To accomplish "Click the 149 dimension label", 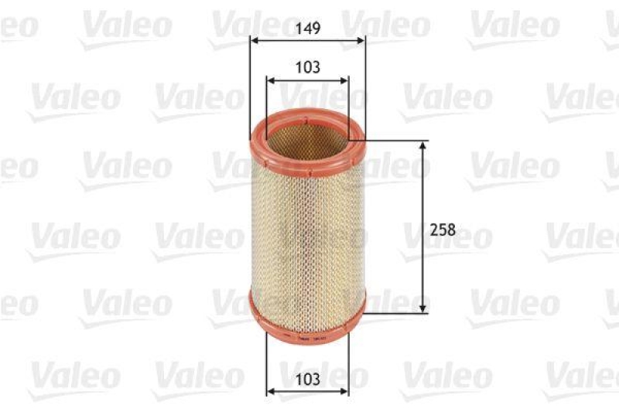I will pyautogui.click(x=307, y=28).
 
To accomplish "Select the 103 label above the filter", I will pyautogui.click(x=307, y=67).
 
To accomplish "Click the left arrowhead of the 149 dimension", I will pyautogui.click(x=253, y=41).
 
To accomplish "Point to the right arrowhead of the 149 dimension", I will pyautogui.click(x=361, y=41).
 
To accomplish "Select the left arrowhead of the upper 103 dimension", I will pyautogui.click(x=269, y=80).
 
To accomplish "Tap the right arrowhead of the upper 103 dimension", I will pyautogui.click(x=345, y=80).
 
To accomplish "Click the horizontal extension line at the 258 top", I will pyautogui.click(x=395, y=141).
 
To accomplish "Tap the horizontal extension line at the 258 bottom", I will pyautogui.click(x=395, y=313).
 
